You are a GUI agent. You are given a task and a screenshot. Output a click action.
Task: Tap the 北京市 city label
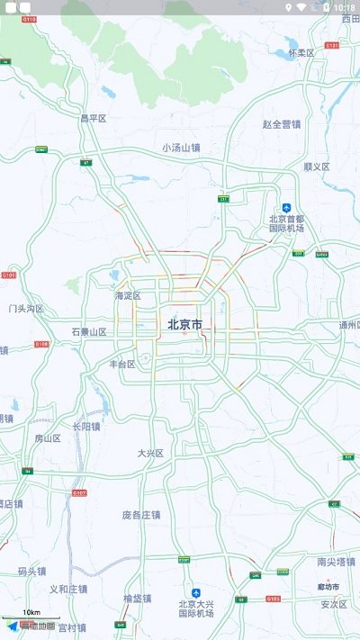pyautogui.click(x=184, y=324)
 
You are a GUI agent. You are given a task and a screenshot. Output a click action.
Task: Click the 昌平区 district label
pyautogui.click(x=93, y=118)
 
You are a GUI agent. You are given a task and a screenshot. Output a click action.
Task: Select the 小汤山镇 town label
pyautogui.click(x=181, y=147)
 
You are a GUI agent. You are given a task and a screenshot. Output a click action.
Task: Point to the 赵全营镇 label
pyautogui.click(x=282, y=124)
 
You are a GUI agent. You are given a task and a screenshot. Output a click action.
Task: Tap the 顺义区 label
pyautogui.click(x=316, y=167)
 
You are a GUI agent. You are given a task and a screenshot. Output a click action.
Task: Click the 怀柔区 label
pyautogui.click(x=301, y=53)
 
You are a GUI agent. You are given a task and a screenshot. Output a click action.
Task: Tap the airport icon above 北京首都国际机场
pyautogui.click(x=286, y=207)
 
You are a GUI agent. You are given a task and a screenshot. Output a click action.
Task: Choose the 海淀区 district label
pyautogui.click(x=128, y=295)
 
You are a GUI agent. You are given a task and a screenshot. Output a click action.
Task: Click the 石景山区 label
pyautogui.click(x=89, y=331)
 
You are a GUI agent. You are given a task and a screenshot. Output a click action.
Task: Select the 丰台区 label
pyautogui.click(x=121, y=365)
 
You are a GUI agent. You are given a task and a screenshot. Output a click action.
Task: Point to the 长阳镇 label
pyautogui.click(x=86, y=427)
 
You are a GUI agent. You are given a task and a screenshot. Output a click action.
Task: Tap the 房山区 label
pyautogui.click(x=47, y=438)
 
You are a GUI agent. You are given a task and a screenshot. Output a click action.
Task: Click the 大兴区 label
pyautogui.click(x=150, y=453)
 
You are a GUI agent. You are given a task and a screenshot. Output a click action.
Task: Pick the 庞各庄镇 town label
pyautogui.click(x=141, y=515)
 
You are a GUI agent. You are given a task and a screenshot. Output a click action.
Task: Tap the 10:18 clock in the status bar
pyautogui.click(x=344, y=6)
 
